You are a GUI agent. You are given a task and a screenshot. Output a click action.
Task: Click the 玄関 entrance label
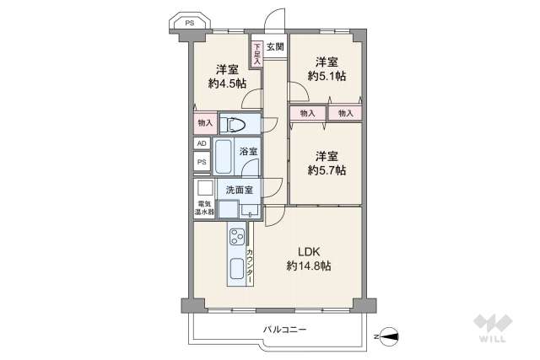[x=275, y=46]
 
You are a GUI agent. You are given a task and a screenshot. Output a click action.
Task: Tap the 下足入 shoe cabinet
[x=256, y=54]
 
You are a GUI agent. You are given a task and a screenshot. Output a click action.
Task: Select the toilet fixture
[x=233, y=124]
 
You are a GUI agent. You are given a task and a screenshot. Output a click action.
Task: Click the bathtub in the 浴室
[x=223, y=156]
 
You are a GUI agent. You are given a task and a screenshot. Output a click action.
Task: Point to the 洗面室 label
[x=240, y=190]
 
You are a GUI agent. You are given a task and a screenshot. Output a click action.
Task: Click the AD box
[x=202, y=143]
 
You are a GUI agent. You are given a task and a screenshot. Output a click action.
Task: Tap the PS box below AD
[x=202, y=161]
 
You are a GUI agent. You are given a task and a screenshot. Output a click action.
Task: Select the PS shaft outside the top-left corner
[x=189, y=23]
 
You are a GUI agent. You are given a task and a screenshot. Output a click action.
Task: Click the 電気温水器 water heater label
[x=204, y=208]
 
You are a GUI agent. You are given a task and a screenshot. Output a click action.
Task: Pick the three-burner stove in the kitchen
[x=237, y=237]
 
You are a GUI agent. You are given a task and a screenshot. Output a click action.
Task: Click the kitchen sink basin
[x=236, y=268]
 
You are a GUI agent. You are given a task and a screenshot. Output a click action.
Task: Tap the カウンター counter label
[x=250, y=266]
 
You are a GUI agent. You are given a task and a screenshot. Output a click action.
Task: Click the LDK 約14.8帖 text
[x=309, y=259]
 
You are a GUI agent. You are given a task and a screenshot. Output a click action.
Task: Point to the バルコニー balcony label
[x=285, y=330]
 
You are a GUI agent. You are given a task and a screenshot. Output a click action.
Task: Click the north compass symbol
[x=390, y=336]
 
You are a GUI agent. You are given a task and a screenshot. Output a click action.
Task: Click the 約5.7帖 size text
[x=327, y=170]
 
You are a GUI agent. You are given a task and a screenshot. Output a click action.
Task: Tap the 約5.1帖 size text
[x=327, y=76]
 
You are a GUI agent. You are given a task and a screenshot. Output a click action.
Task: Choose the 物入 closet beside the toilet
[x=205, y=123]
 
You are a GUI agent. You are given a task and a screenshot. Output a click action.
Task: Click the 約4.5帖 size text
[x=227, y=83]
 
